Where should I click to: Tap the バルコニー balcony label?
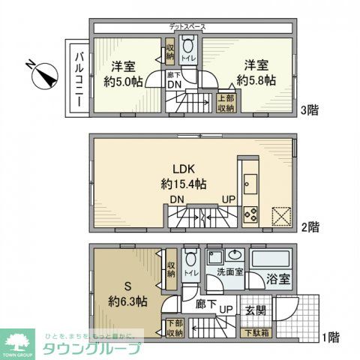click(79, 77)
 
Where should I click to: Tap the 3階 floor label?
click(308, 109)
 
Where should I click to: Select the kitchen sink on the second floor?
click(250, 184)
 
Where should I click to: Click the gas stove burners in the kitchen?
click(250, 213)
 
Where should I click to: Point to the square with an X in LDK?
click(281, 215)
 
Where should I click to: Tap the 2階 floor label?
click(313, 226)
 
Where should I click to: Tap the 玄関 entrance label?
click(255, 310)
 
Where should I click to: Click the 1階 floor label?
click(331, 337)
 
